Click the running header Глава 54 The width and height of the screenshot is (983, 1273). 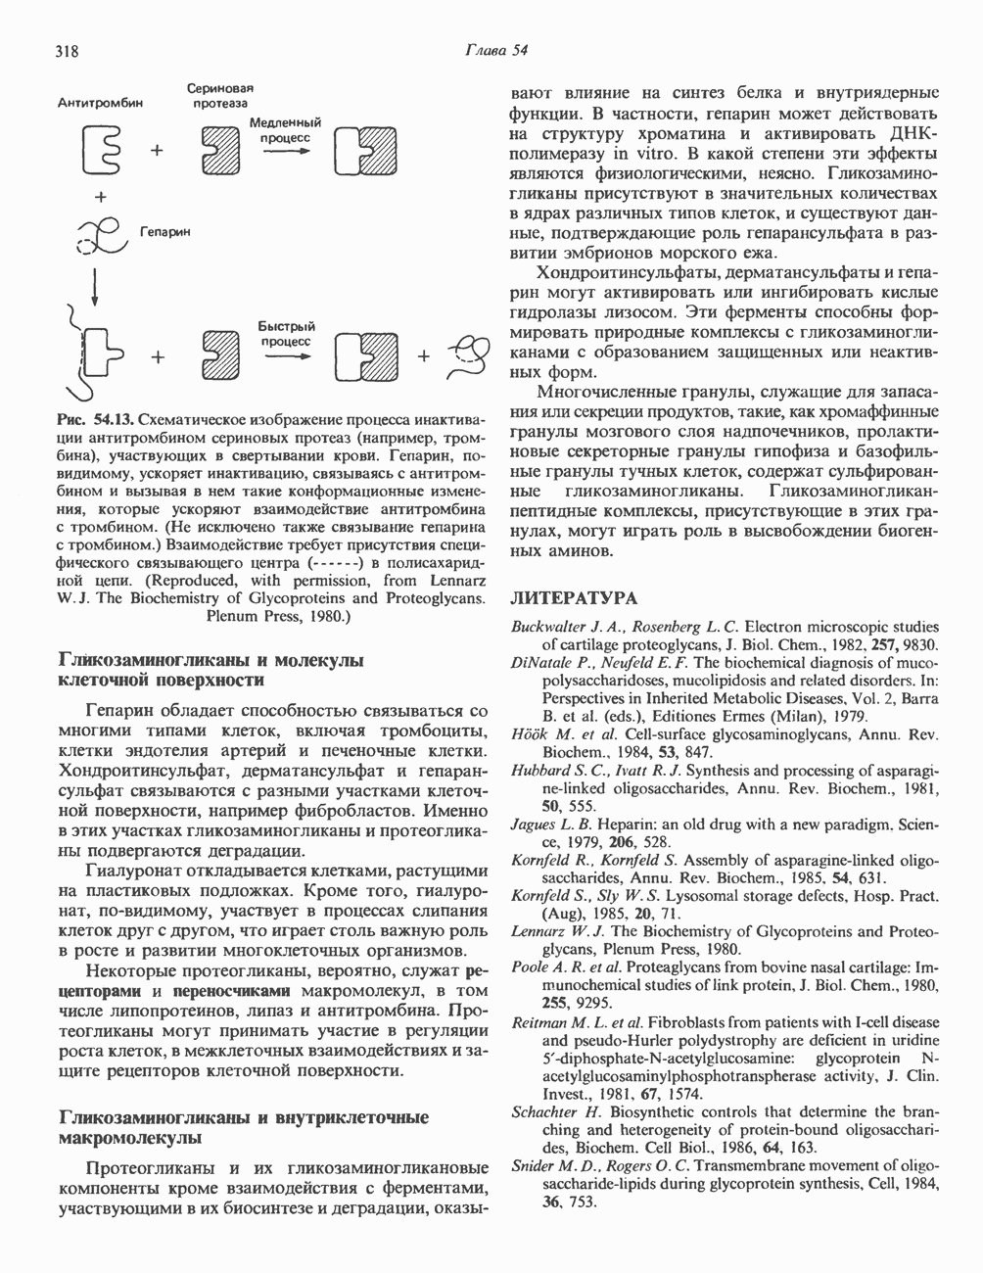[x=496, y=51]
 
